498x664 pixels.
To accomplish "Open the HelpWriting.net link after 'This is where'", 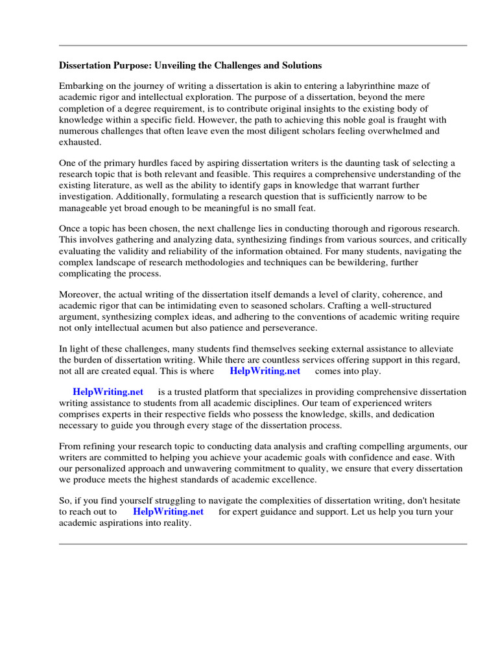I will click(x=265, y=371).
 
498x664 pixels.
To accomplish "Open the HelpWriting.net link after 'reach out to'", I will click(x=168, y=511).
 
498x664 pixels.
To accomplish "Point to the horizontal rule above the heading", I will click(x=263, y=45).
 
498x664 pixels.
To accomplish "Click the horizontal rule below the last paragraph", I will click(x=263, y=544).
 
